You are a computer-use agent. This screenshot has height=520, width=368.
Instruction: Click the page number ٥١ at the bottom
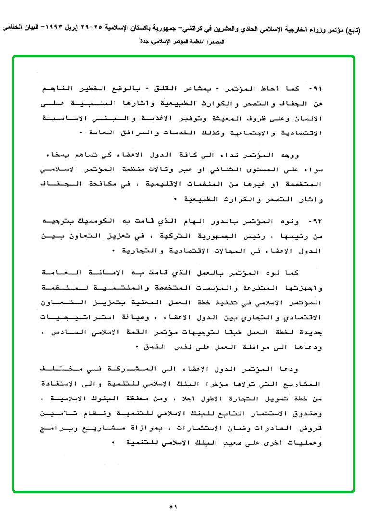(174, 507)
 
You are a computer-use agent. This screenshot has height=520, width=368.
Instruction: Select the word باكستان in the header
(119, 30)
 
